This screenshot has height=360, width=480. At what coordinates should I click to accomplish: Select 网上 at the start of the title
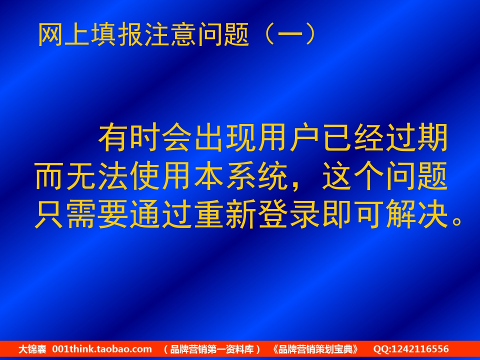(x=64, y=34)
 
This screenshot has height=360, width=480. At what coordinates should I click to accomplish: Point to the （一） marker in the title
(x=290, y=34)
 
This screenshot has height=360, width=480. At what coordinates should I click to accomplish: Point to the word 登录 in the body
(x=288, y=214)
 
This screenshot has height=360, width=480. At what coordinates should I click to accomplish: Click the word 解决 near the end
(x=416, y=214)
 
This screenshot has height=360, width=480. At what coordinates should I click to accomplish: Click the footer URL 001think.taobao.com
(x=102, y=349)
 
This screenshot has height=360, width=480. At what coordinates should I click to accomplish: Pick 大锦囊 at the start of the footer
(x=32, y=349)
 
